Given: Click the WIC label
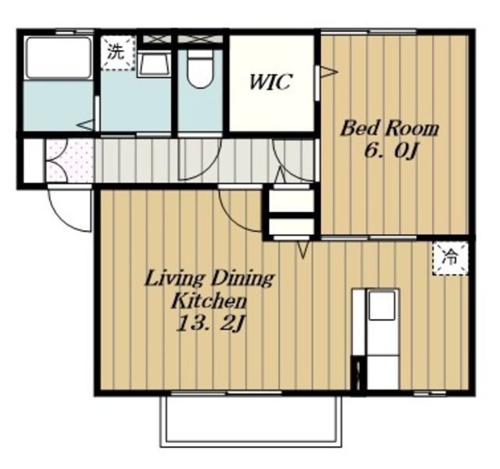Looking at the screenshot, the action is pyautogui.click(x=270, y=82).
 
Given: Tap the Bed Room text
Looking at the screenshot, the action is pyautogui.click(x=390, y=129).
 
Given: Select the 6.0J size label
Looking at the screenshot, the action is pyautogui.click(x=391, y=151).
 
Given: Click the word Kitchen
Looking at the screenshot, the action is pyautogui.click(x=209, y=301).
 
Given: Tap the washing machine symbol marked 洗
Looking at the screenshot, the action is pyautogui.click(x=117, y=52).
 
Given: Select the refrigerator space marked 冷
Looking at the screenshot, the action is pyautogui.click(x=450, y=258).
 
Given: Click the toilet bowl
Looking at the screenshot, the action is pyautogui.click(x=199, y=69).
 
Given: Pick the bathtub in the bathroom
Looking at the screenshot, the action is pyautogui.click(x=58, y=58).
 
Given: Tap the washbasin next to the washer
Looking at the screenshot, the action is pyautogui.click(x=155, y=64).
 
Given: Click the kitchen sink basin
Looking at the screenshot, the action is pyautogui.click(x=382, y=305).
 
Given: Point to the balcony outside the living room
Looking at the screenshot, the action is pyautogui.click(x=251, y=421).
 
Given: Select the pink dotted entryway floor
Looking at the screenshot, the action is pyautogui.click(x=70, y=161).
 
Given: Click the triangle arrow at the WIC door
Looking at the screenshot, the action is pyautogui.click(x=329, y=71).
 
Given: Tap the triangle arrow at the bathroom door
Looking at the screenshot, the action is pyautogui.click(x=85, y=125).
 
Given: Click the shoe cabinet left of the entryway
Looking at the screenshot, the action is pyautogui.click(x=34, y=161).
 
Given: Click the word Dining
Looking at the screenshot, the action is pyautogui.click(x=242, y=279).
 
